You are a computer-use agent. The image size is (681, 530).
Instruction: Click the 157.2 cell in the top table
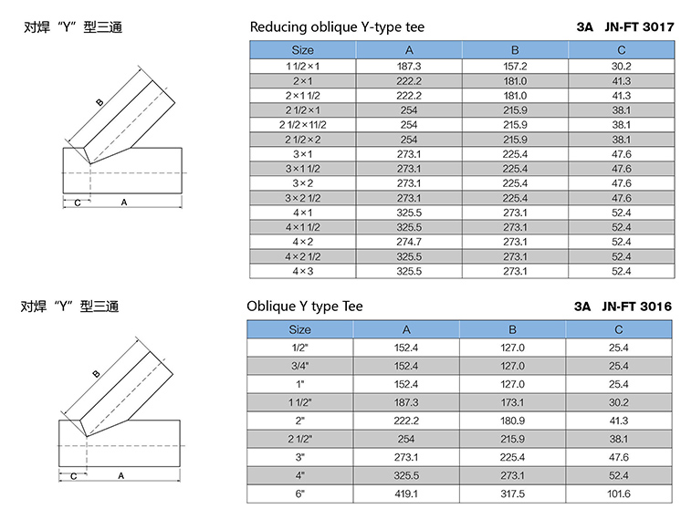tap(515, 67)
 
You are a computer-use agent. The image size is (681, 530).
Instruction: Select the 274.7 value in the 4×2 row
tap(409, 242)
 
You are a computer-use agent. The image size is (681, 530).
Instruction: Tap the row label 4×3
tap(303, 271)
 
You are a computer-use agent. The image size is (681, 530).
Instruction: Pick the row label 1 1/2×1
tap(303, 67)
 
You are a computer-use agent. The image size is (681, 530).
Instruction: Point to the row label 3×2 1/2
tap(303, 198)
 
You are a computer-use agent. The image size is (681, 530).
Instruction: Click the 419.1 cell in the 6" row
tap(406, 494)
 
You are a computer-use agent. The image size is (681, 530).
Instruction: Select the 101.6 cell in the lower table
tap(618, 494)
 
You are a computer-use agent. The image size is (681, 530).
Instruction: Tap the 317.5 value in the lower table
tap(512, 494)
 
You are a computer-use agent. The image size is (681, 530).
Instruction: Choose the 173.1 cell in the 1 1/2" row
tap(512, 402)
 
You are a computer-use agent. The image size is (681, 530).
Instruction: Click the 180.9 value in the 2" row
tap(512, 421)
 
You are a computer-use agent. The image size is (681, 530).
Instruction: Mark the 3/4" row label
tap(300, 366)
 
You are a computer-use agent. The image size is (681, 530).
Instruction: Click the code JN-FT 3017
tap(639, 27)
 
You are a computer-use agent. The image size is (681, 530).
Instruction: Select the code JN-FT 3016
tap(636, 307)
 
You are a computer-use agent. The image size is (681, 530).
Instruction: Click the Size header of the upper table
tap(303, 50)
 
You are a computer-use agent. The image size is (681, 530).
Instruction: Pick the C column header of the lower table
tap(619, 330)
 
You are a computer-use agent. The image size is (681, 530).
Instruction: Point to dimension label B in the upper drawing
tap(100, 102)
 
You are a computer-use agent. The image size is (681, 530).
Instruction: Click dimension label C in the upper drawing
tap(78, 203)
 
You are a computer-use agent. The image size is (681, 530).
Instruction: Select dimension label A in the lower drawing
tap(120, 476)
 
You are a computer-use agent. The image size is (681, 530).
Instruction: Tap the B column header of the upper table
tap(515, 50)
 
